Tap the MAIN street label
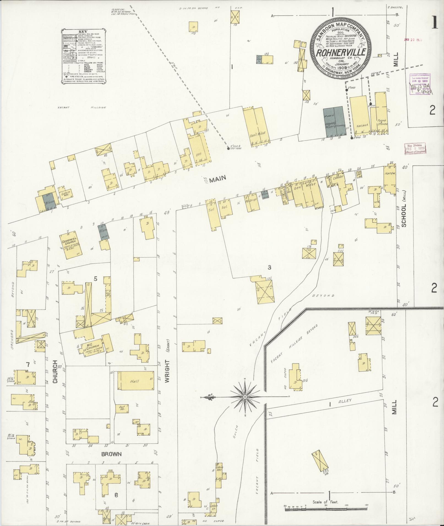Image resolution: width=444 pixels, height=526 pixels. [x=217, y=179]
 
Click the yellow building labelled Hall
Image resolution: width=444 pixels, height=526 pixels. [x=135, y=381]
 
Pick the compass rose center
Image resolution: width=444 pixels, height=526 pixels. [x=245, y=397]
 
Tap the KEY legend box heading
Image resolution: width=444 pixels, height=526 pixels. [x=82, y=31]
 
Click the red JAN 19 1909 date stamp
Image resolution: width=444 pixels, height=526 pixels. [x=413, y=40]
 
